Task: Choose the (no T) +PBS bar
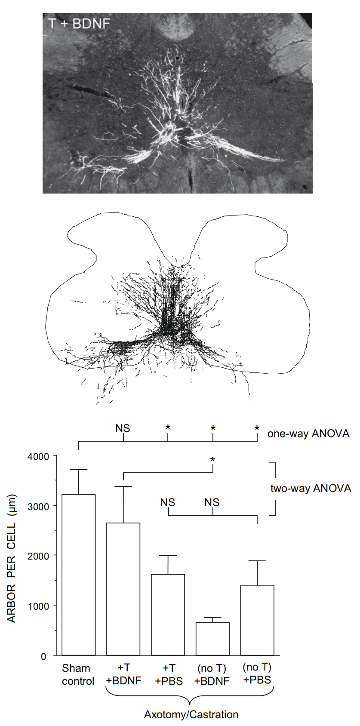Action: point(257,620)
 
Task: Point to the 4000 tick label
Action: point(39,456)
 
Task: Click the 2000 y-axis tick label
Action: point(39,556)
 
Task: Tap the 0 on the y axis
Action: point(43,656)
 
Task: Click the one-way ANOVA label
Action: point(308,433)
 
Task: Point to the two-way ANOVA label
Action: point(311,488)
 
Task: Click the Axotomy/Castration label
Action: point(191,714)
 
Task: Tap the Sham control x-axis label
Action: point(78,674)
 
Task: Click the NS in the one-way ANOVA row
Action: point(123,428)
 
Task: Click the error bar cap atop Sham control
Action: point(79,470)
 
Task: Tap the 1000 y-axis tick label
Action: point(39,606)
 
